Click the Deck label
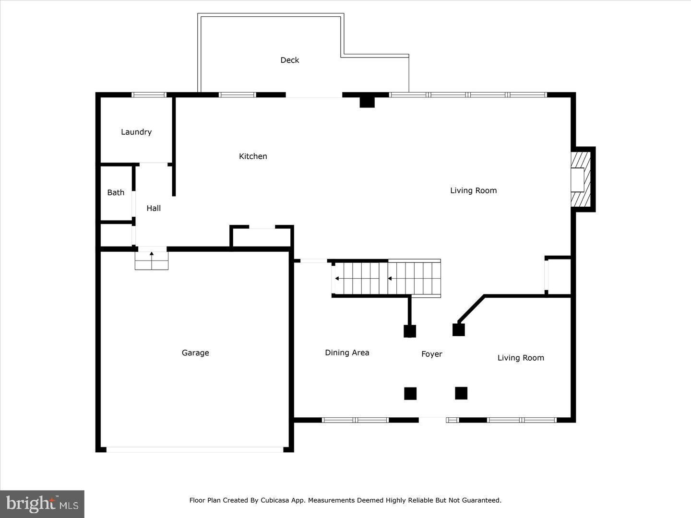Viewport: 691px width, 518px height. coord(289,60)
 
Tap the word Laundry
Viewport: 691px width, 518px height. coord(136,132)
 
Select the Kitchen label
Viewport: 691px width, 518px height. coord(253,156)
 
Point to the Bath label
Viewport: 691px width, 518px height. coord(116,192)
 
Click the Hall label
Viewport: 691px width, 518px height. coord(154,208)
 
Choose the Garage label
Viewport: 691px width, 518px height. coord(195,353)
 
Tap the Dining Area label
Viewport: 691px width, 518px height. coord(347,353)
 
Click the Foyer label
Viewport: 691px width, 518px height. coord(431,354)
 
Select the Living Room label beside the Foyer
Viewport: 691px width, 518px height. coord(521,358)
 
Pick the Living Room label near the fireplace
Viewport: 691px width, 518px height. coord(473,190)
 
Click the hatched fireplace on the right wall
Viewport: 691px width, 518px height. coord(581,179)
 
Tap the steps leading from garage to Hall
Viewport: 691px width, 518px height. coord(152,260)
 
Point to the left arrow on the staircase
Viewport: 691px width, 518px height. coord(338,278)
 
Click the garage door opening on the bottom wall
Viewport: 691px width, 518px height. coord(195,449)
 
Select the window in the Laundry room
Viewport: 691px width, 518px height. coord(149,95)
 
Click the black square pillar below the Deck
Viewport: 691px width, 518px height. coord(367,101)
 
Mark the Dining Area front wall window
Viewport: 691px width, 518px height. coord(355,420)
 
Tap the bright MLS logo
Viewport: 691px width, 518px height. coord(42,504)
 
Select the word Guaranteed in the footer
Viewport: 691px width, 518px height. coord(480,500)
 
